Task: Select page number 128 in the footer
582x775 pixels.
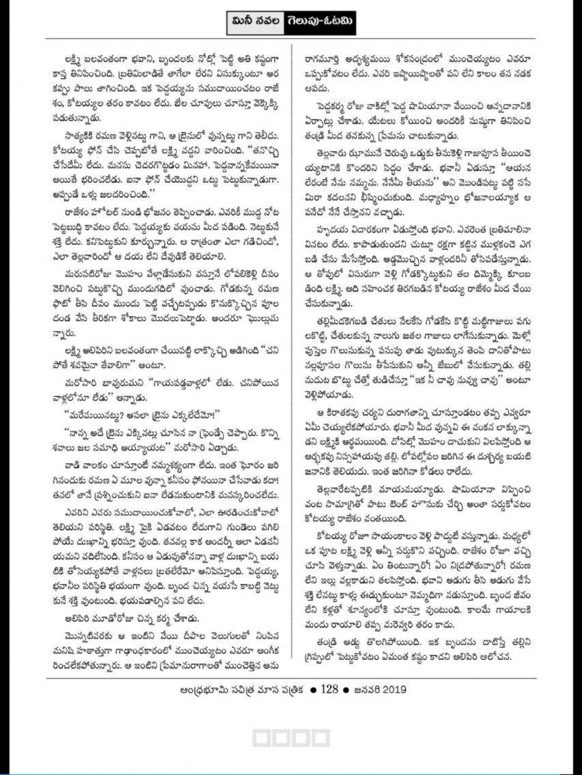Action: [329, 689]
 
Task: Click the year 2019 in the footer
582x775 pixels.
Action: [394, 689]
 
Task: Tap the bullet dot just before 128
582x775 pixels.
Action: [314, 690]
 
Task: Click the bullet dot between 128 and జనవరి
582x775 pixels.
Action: [345, 690]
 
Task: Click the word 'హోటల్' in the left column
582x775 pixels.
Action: [115, 213]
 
